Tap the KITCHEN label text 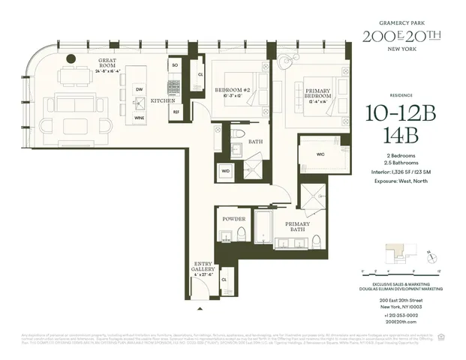(163, 100)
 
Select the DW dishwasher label (138, 90)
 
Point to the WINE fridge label (138, 118)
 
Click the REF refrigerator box (174, 112)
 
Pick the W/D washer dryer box (225, 171)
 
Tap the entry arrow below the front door (200, 307)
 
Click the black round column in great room (71, 58)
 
